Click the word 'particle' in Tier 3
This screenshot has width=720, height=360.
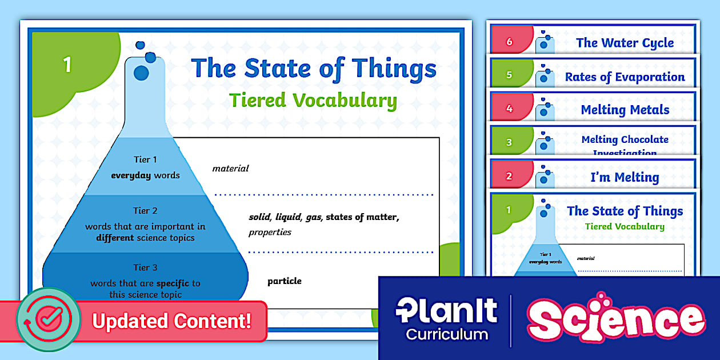284,281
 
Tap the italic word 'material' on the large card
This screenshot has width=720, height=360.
230,169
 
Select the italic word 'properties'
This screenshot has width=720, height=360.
270,233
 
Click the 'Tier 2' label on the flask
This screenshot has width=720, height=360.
145,211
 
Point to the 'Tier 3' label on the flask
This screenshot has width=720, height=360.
145,267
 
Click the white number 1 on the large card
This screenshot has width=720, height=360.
67,65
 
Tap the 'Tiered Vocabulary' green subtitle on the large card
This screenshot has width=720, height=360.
313,101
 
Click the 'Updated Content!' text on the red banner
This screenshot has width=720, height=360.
171,321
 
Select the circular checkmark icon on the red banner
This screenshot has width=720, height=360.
48,319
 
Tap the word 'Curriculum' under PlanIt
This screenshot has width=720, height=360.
447,334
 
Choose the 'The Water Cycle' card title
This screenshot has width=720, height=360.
625,43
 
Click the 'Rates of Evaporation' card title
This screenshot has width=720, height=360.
625,77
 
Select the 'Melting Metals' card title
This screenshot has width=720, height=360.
625,110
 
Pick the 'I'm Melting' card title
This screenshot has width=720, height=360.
625,177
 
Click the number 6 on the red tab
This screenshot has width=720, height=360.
510,42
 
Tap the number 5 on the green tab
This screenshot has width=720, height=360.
509,75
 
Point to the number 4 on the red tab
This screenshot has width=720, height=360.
509,109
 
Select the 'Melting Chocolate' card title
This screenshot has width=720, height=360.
625,140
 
